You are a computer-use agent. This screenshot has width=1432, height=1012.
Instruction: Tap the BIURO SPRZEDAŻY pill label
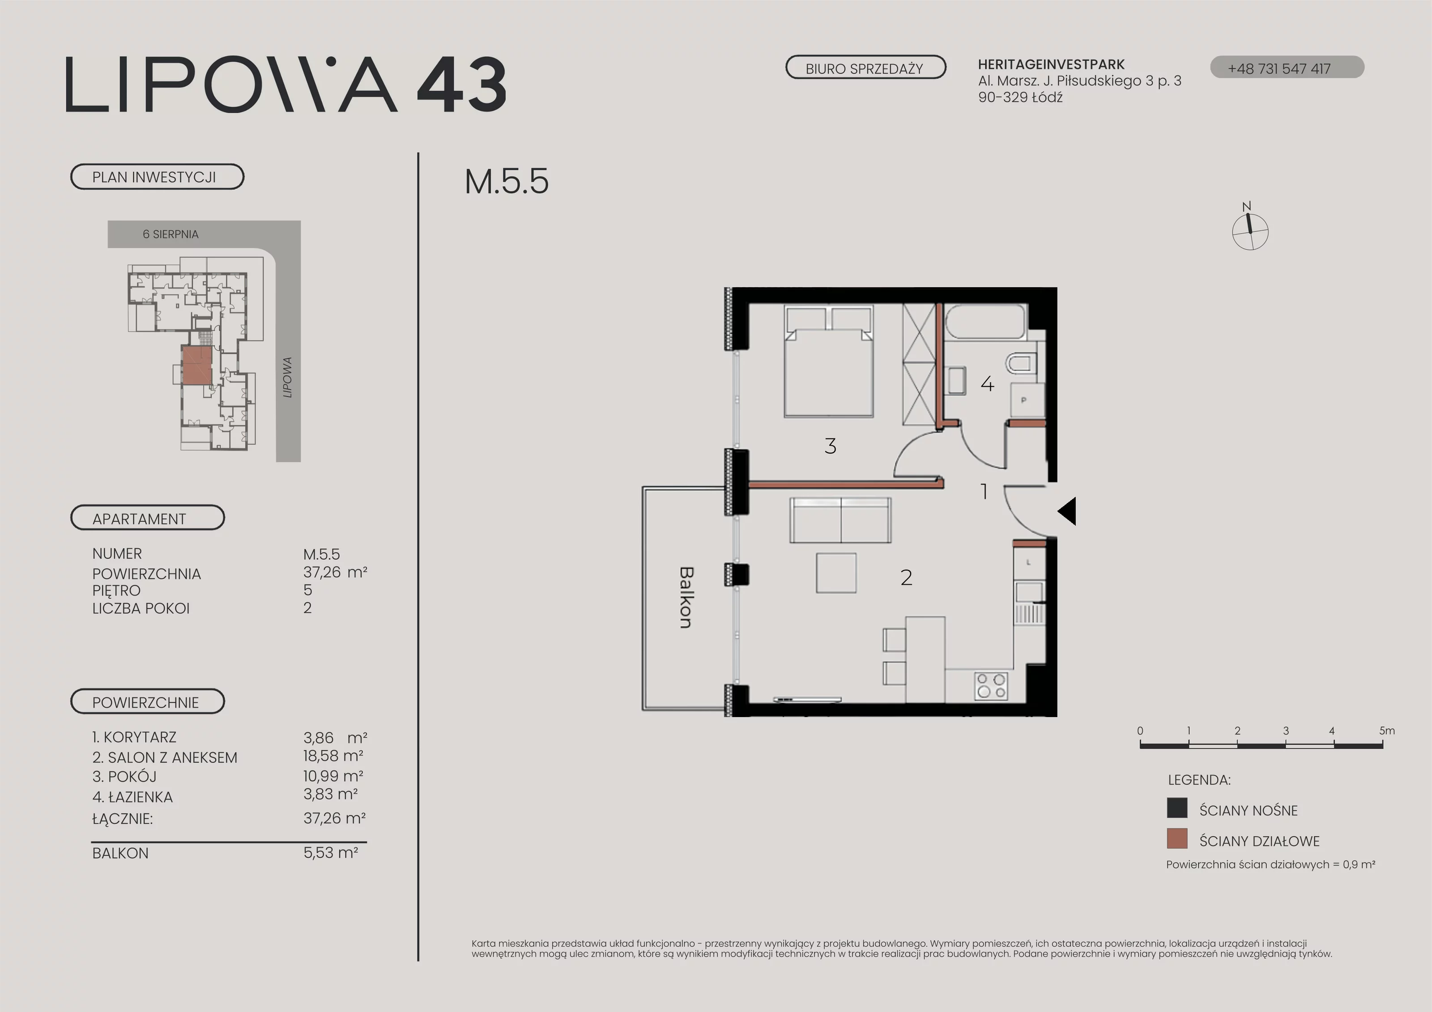coord(865,68)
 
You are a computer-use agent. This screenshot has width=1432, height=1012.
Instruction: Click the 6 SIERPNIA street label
coord(170,234)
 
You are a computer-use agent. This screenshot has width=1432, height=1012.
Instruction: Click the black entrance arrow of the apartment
coord(1067,511)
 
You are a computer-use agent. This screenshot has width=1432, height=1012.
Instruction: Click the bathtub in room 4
coord(985,322)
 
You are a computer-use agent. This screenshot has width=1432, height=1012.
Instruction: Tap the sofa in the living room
coord(840,520)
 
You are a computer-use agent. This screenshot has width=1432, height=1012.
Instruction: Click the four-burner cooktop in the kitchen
coord(992,685)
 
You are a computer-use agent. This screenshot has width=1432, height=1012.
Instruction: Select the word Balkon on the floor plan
coord(686,597)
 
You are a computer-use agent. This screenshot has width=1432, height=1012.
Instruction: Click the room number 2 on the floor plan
coord(906,578)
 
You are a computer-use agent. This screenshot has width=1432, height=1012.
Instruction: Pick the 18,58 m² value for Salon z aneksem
coord(333,756)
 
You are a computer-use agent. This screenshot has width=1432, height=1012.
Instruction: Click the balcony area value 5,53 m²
coord(331,852)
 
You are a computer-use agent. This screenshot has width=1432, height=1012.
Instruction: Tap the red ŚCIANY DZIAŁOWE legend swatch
coord(1177,839)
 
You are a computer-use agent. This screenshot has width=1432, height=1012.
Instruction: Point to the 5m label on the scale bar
coord(1386,731)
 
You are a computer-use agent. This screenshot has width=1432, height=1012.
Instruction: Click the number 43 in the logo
coord(461,85)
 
